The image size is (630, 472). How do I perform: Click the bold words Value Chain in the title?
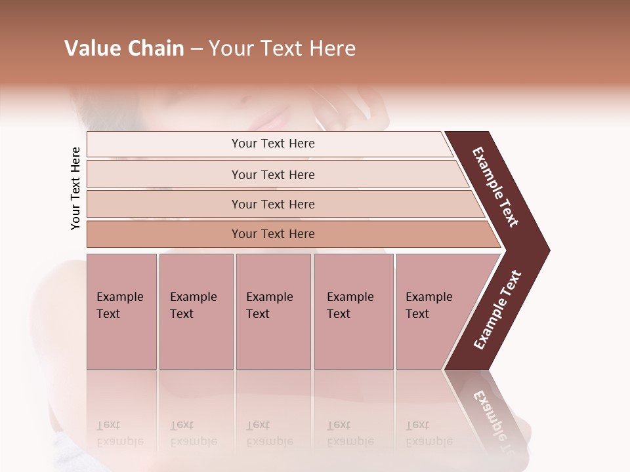click(124, 49)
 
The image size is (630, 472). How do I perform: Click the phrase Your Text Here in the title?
click(282, 49)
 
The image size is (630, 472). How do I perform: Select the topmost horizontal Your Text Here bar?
click(272, 144)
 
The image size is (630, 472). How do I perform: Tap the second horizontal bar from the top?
click(272, 174)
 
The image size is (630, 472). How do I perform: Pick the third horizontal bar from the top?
click(272, 204)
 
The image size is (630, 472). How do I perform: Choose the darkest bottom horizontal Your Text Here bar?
click(272, 234)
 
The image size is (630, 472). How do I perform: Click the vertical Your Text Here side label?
click(75, 188)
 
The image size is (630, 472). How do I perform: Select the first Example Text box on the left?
click(121, 311)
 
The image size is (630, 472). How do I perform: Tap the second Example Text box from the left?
click(196, 311)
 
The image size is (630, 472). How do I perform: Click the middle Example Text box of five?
click(273, 311)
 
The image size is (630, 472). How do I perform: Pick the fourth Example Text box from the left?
click(353, 311)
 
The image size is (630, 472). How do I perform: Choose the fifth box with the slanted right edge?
click(433, 311)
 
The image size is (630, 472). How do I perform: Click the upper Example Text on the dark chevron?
click(495, 187)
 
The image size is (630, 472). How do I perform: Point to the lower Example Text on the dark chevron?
click(497, 310)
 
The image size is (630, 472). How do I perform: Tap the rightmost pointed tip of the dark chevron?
click(547, 250)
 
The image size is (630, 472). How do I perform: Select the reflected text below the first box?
click(120, 433)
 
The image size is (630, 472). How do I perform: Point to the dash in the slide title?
click(196, 49)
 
